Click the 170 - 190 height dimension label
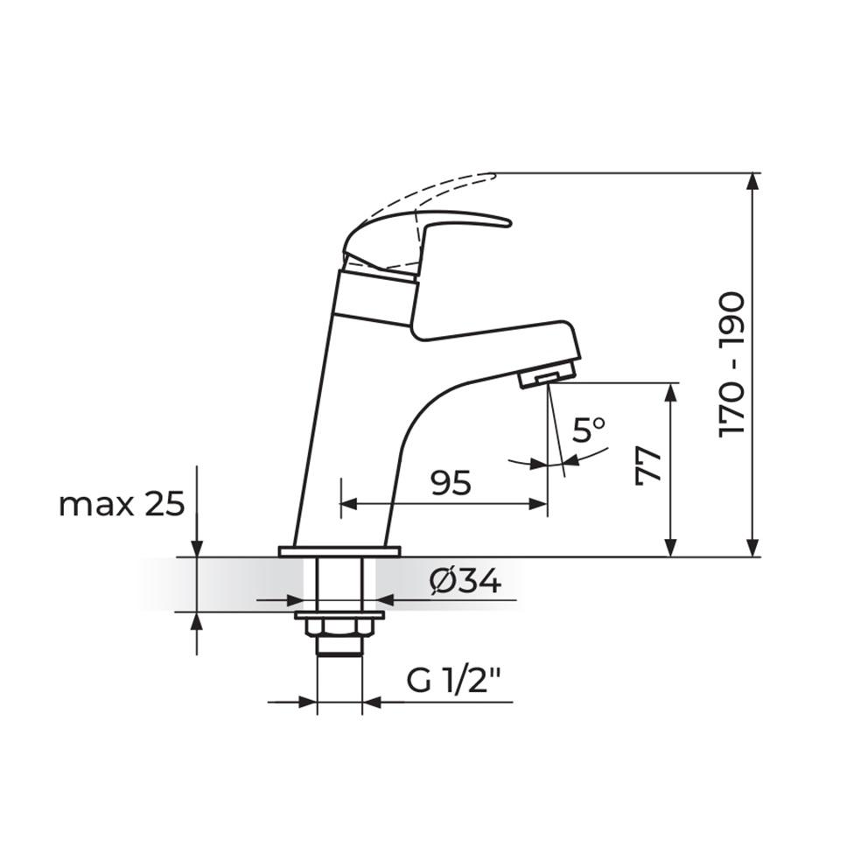pyautogui.click(x=731, y=365)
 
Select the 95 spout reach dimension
pyautogui.click(x=451, y=482)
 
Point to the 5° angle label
pyautogui.click(x=588, y=430)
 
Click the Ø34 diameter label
pyautogui.click(x=466, y=580)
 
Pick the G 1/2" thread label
pyautogui.click(x=458, y=681)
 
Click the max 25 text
pyautogui.click(x=122, y=504)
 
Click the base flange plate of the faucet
pyautogui.click(x=339, y=551)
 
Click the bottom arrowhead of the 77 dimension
pyautogui.click(x=670, y=546)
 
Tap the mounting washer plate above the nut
pyautogui.click(x=339, y=615)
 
